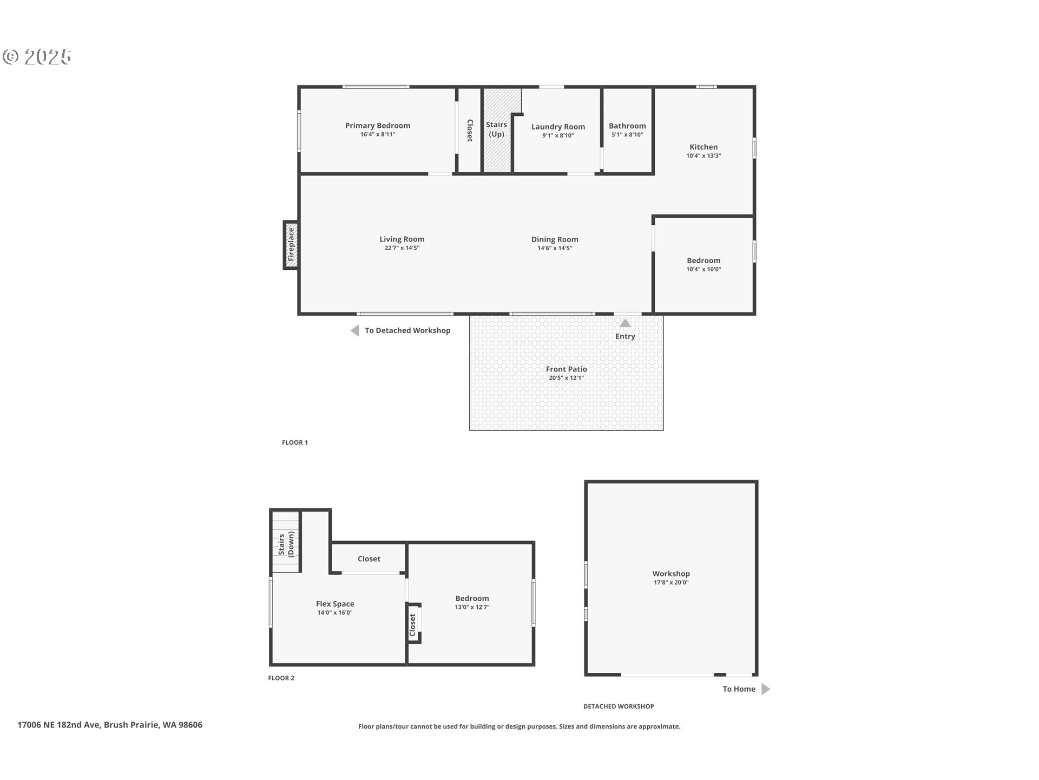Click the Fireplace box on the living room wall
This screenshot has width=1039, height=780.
[x=291, y=244]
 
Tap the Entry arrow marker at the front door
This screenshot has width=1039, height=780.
[x=625, y=323]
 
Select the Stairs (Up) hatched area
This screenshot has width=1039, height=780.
[x=497, y=131]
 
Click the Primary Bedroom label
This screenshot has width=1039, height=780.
[x=378, y=126]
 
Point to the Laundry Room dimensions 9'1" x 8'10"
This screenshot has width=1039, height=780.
[x=558, y=135]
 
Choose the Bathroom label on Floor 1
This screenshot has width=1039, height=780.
[x=627, y=126]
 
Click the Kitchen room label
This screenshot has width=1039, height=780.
[x=703, y=147]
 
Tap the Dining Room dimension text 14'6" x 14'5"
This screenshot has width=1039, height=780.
[x=555, y=248]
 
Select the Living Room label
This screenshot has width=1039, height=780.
[x=402, y=239]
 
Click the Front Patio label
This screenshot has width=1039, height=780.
[x=566, y=369]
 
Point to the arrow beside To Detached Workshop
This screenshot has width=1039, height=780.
[x=354, y=330]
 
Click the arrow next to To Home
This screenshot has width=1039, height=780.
[x=765, y=689]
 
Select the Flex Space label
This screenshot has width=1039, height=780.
[x=335, y=604]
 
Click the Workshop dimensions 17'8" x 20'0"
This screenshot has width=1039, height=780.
[x=671, y=582]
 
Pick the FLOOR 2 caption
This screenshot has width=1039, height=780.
[x=281, y=678]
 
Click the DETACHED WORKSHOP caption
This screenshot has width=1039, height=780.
[x=619, y=706]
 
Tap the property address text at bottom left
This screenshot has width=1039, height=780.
[x=110, y=725]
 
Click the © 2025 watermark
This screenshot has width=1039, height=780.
[x=37, y=56]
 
